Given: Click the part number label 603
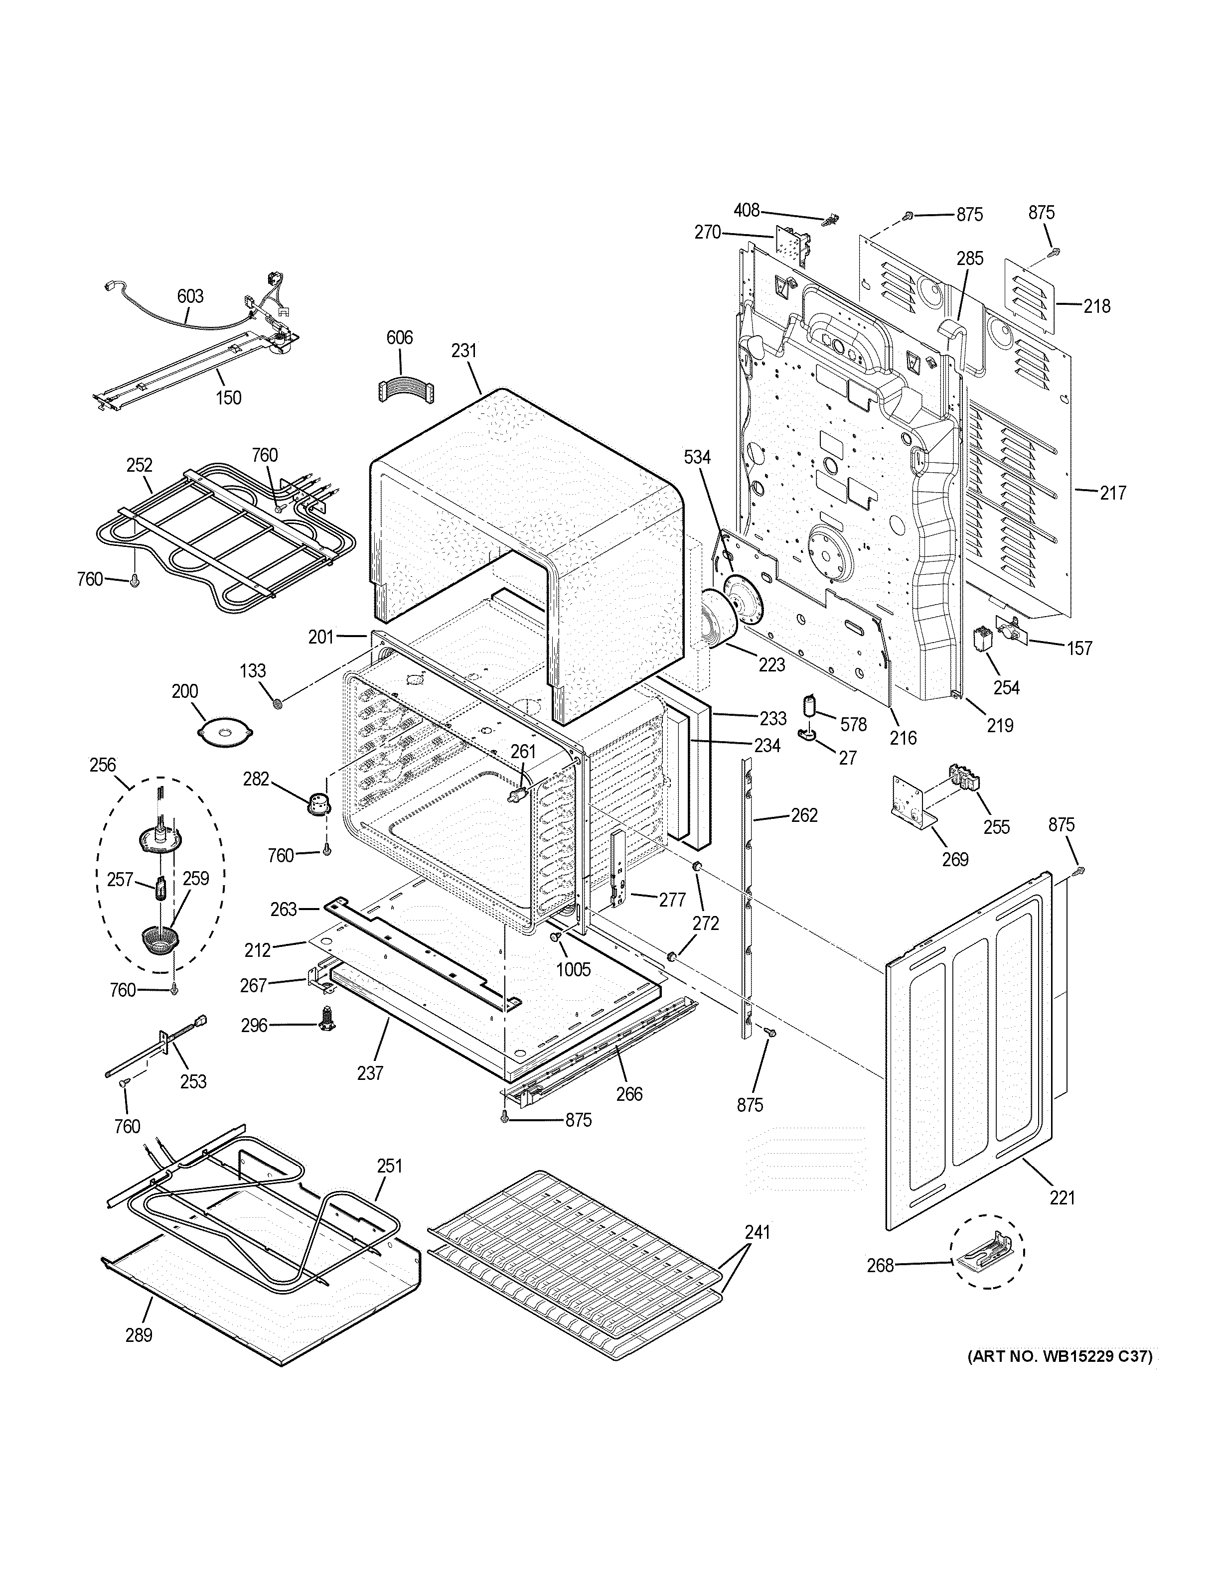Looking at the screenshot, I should (x=190, y=296).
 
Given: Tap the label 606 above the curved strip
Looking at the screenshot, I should (x=399, y=337).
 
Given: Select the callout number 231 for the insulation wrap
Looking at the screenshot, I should (x=464, y=351).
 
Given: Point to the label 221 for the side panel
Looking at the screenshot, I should (x=1062, y=1197).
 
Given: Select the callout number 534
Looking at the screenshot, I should (x=697, y=457).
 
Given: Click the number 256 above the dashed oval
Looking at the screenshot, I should (x=103, y=765).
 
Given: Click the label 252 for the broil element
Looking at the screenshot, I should (x=139, y=465).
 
